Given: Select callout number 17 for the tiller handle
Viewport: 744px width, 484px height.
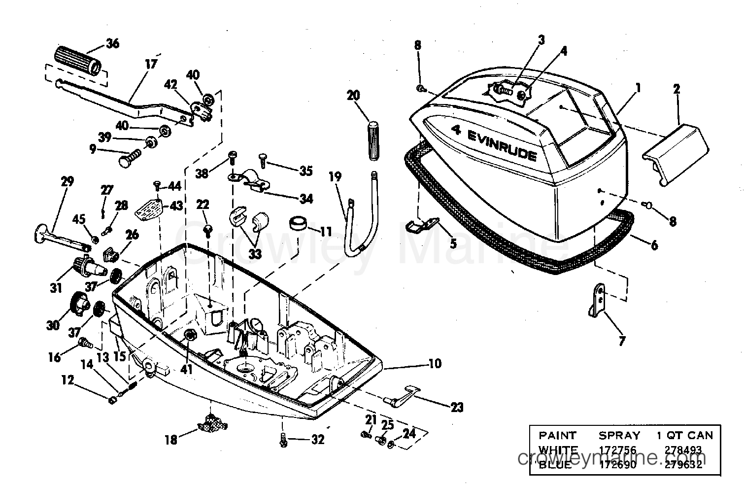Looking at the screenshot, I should pos(151,64).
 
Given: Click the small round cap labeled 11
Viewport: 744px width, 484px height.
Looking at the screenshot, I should pos(297,224).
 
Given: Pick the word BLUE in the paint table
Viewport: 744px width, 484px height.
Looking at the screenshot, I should pos(555,464).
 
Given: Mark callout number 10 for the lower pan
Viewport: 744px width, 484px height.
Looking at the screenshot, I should pos(435,364).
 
